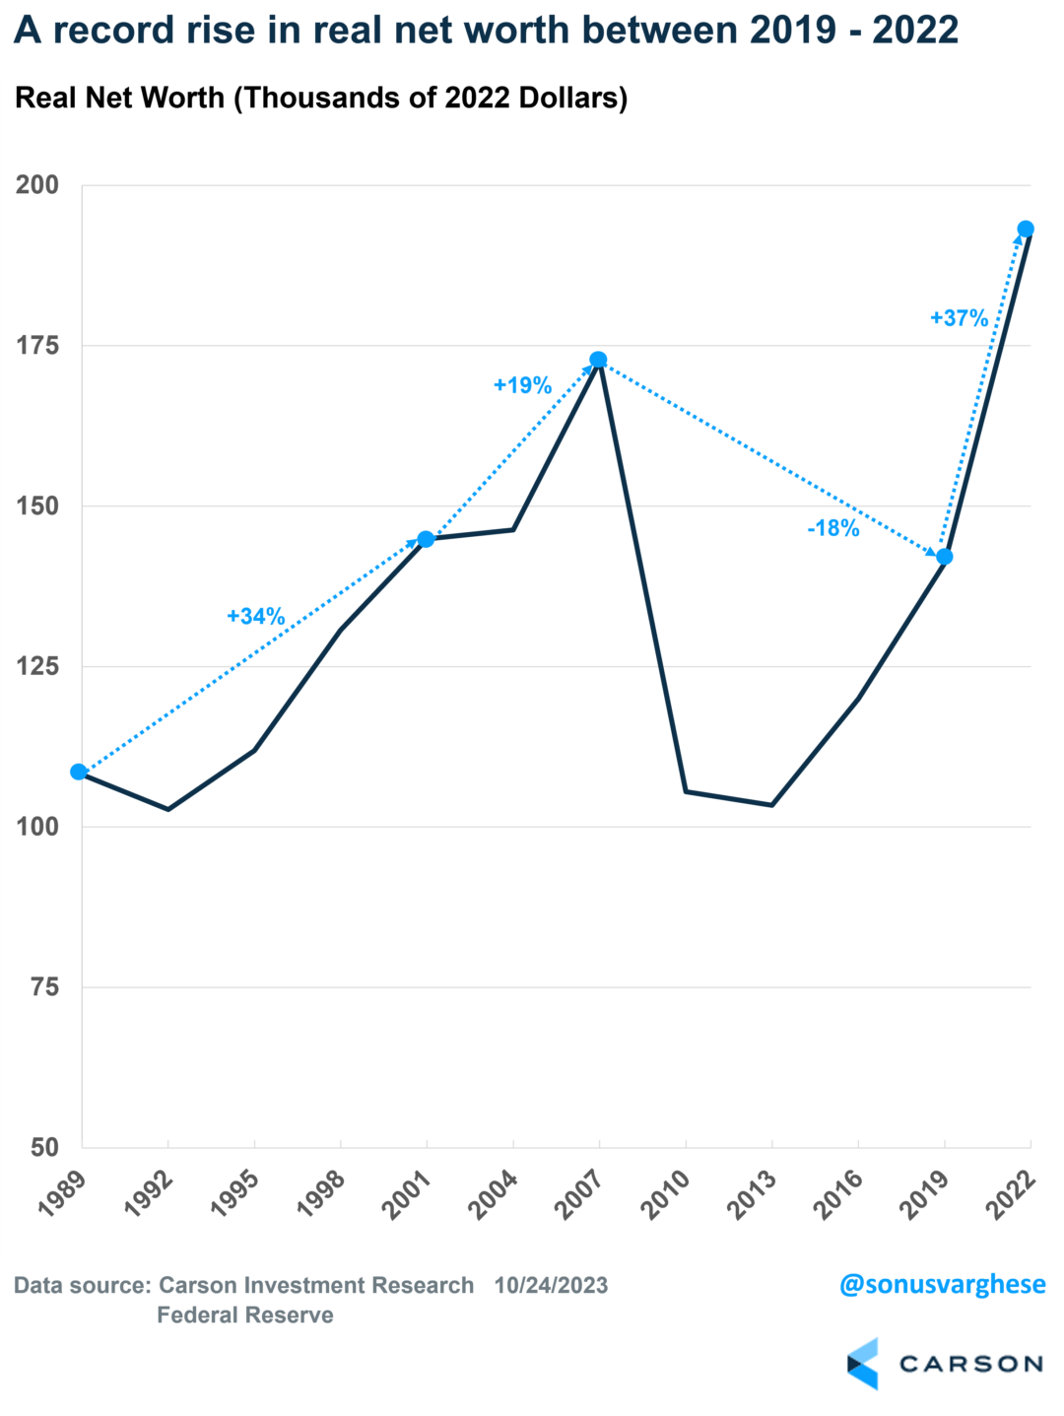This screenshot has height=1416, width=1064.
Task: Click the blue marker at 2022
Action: pyautogui.click(x=1025, y=230)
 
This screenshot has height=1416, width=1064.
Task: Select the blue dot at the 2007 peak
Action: pyautogui.click(x=598, y=360)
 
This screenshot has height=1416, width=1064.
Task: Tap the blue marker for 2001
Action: pyautogui.click(x=426, y=539)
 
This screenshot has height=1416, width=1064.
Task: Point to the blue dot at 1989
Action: pyautogui.click(x=79, y=772)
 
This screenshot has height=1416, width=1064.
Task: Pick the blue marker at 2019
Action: pyautogui.click(x=944, y=557)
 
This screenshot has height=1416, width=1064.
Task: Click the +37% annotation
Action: pyautogui.click(x=959, y=318)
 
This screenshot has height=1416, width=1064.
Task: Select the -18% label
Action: pyautogui.click(x=833, y=528)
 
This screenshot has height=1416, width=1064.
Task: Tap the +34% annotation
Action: pyautogui.click(x=256, y=616)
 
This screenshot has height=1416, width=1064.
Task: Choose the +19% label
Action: pyautogui.click(x=522, y=385)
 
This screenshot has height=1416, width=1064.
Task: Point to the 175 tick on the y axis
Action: pyautogui.click(x=37, y=345)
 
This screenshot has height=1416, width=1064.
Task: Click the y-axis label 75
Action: pyautogui.click(x=44, y=986)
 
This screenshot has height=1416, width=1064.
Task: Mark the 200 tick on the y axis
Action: pyautogui.click(x=37, y=184)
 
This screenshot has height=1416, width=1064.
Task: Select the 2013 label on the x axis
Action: pyautogui.click(x=752, y=1194)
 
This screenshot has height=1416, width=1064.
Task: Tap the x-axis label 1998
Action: pyautogui.click(x=320, y=1194)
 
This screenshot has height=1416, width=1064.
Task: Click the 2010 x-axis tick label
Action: pyautogui.click(x=666, y=1194)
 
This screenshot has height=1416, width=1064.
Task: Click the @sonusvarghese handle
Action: pyautogui.click(x=942, y=1284)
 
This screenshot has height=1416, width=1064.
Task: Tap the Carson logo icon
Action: pyautogui.click(x=863, y=1364)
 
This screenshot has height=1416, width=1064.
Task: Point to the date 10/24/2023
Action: pyautogui.click(x=551, y=1285)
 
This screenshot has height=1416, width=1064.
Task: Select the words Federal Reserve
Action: pyautogui.click(x=245, y=1315)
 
